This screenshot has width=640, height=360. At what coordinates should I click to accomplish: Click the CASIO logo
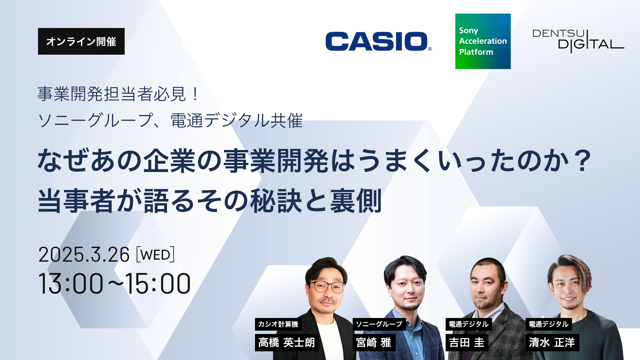(378, 41)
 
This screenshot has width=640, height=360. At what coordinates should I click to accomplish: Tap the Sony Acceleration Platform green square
(483, 41)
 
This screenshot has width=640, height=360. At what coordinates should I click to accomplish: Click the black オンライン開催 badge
(81, 41)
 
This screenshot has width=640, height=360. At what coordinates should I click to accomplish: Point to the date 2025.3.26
(84, 255)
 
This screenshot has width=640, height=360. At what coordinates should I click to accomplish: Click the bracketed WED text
(155, 255)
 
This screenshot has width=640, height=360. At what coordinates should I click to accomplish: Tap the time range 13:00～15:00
(114, 284)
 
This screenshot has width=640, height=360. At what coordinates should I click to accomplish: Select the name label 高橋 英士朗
(287, 342)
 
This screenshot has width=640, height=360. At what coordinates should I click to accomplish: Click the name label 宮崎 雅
(374, 342)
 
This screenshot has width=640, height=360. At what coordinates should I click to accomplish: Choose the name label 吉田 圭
(467, 342)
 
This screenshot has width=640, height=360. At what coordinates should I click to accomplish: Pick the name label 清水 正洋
(552, 342)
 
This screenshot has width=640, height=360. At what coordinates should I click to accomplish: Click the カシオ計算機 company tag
(278, 324)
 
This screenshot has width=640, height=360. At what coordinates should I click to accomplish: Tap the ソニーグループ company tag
(379, 324)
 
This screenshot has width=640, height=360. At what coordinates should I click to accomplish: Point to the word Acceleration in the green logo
(483, 41)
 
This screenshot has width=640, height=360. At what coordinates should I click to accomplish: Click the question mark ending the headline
(583, 161)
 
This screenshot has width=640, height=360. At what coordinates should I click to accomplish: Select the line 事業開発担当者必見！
(118, 94)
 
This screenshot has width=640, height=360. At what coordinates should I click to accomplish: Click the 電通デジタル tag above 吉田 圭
(469, 324)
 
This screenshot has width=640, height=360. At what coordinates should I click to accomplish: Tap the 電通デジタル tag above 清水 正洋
(549, 324)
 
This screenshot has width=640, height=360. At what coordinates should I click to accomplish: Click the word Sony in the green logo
(469, 31)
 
